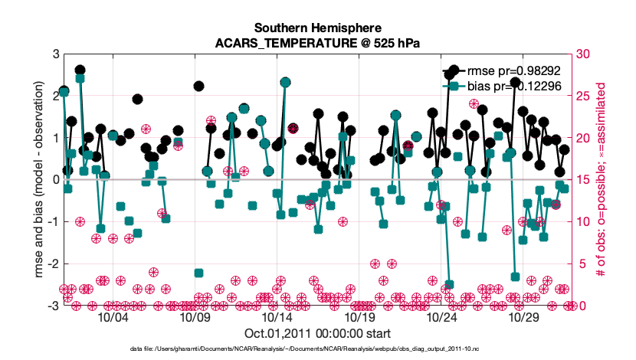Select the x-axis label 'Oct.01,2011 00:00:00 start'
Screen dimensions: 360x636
click(x=316, y=333)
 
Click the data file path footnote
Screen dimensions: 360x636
click(x=316, y=349)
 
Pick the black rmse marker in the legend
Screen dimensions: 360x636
click(x=454, y=71)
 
